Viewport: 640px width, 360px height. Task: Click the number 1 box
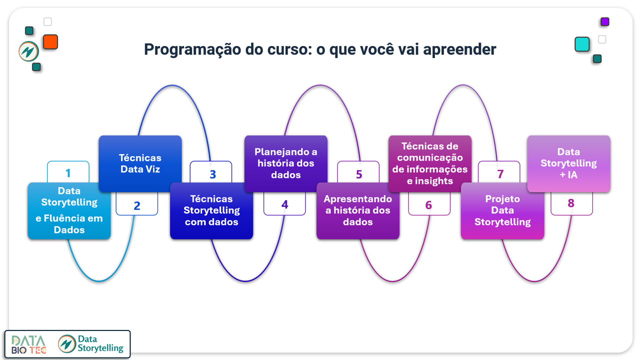coord(68,172)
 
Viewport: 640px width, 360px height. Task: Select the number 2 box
coord(137,203)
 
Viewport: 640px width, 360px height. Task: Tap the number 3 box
coord(211,172)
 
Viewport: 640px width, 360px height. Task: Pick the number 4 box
coord(284,203)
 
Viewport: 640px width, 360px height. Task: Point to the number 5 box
coord(358,172)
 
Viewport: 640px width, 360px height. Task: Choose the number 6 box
coord(429,203)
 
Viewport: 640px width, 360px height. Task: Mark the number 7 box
coord(499,172)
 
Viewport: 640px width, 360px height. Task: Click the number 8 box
coord(571,203)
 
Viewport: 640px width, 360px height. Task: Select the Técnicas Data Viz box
coord(140,163)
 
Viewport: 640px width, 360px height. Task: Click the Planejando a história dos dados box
coord(286,163)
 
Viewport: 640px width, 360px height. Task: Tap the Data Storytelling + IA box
coord(569,163)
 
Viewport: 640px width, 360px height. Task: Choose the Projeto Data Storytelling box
coord(502,211)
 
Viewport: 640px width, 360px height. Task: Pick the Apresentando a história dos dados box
coord(358,211)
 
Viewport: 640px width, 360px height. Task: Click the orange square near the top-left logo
coord(50,41)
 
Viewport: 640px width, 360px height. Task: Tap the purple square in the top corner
coord(605,21)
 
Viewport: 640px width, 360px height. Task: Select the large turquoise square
coord(582,44)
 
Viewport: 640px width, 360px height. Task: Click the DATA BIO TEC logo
coord(28,344)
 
